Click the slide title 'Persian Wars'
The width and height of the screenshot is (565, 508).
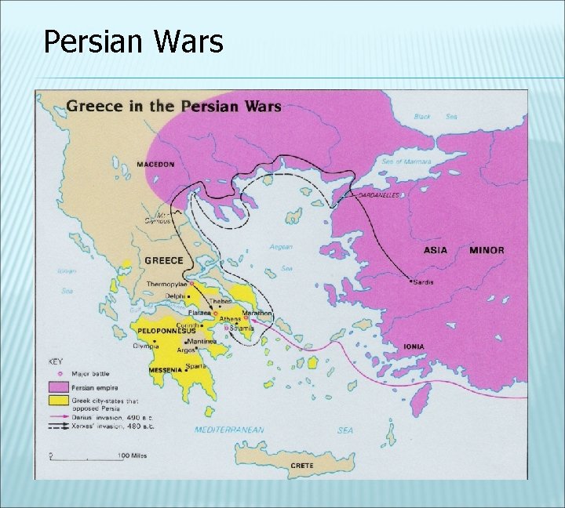tap(133, 41)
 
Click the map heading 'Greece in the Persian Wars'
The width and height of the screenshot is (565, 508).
tap(173, 106)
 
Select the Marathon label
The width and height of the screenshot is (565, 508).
tap(260, 313)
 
